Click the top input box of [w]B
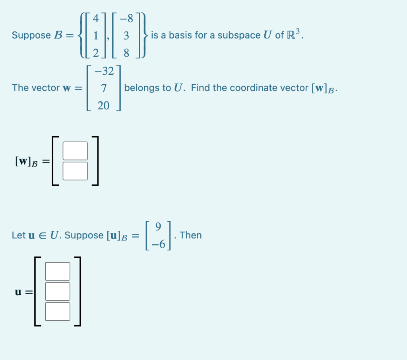[75, 151]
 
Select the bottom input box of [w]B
[75, 171]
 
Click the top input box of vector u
[58, 271]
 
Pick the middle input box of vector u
[58, 291]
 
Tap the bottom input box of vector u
[58, 311]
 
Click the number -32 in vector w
[104, 72]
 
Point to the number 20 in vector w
[103, 105]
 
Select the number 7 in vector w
[103, 88]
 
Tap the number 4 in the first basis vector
[95, 19]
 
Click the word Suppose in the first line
[31, 35]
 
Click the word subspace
[239, 35]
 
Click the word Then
[191, 235]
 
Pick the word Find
[200, 88]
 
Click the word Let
[19, 235]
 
